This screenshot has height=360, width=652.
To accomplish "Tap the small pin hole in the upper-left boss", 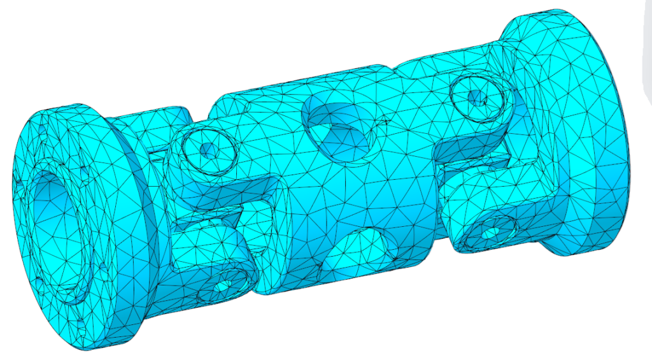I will pyautogui.click(x=206, y=150).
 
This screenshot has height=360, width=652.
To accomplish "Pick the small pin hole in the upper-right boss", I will pyautogui.click(x=476, y=97).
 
